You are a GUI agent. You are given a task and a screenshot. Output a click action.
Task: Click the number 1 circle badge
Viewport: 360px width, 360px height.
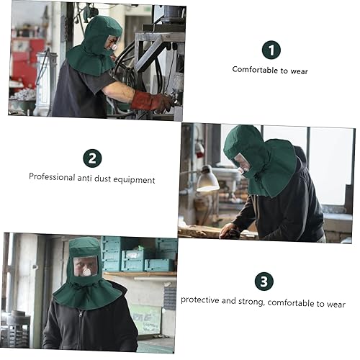(271, 50)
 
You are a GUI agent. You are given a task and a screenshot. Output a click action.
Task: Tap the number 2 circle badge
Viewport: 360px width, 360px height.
(92, 158)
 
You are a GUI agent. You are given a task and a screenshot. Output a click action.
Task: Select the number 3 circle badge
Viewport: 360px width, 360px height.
(264, 282)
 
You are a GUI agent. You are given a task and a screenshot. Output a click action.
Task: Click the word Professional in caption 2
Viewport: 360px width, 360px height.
(52, 177)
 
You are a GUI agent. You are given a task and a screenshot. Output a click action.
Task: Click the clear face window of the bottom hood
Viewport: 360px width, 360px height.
(86, 266)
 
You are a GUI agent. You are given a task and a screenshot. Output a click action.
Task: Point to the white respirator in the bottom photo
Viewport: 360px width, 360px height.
(86, 271)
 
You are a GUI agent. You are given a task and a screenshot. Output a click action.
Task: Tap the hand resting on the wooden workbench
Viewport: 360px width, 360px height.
(229, 231)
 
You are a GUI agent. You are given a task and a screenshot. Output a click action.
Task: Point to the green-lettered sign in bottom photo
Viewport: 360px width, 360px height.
(146, 319)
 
